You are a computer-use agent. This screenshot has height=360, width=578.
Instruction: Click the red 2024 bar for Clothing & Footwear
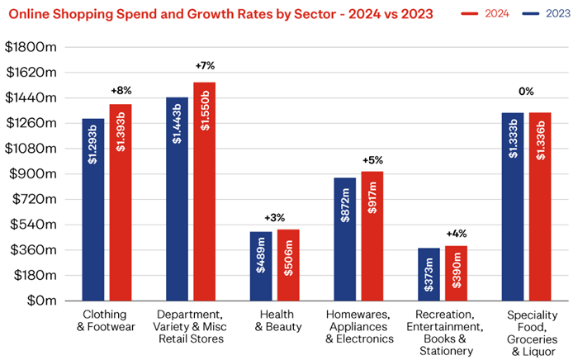point(121,202)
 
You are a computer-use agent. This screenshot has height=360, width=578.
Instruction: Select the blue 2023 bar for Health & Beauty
point(261,266)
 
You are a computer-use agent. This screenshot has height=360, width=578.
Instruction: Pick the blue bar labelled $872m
point(344,239)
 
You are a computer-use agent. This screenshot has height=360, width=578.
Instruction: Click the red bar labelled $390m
point(457,273)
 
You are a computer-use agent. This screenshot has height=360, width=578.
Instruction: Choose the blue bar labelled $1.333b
point(513,206)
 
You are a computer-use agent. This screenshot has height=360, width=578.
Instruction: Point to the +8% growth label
point(121,92)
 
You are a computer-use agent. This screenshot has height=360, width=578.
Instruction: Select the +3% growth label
point(274,217)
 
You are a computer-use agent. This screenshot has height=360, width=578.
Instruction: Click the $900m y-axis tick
point(34,174)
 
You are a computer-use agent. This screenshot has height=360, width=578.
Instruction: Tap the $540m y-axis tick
point(34,225)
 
